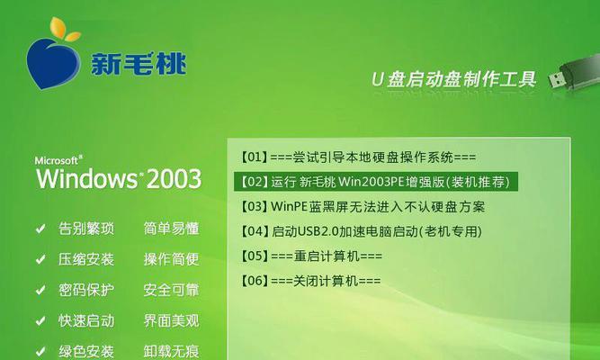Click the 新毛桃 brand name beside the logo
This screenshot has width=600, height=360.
139,63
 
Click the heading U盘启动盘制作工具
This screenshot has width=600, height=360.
454,79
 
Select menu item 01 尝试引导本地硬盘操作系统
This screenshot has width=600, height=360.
358,157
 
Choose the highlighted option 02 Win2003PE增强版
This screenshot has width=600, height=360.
375,182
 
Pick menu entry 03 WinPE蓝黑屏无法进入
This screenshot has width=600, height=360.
363,207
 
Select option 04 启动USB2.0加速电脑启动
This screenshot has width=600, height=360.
361,231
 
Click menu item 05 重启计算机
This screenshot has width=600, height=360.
311,256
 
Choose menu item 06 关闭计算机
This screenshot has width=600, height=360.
310,281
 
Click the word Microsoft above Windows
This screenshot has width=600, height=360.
57,160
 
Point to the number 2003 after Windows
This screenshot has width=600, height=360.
174,178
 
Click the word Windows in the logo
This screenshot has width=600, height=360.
87,178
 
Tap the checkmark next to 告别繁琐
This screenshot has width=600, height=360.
40,229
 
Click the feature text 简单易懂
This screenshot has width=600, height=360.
172,229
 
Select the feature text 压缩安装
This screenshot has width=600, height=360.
86,259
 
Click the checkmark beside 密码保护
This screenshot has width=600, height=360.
40,290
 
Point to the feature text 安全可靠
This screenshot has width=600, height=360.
172,290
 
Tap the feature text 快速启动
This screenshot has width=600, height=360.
86,320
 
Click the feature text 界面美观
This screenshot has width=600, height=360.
172,320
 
